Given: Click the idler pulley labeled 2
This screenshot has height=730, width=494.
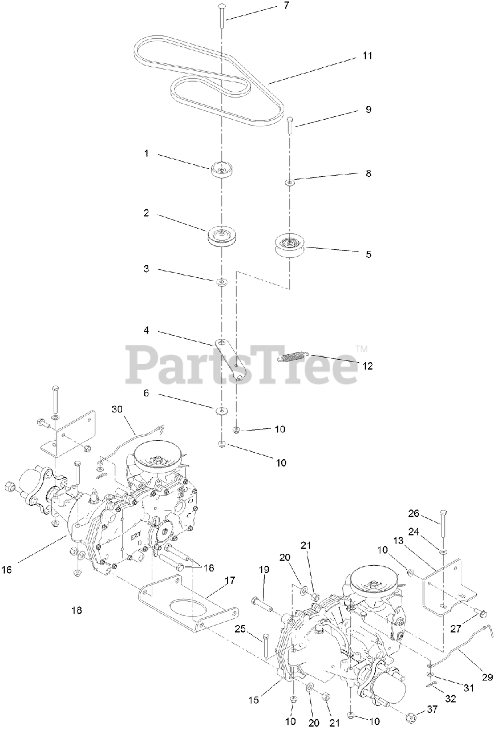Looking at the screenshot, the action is tap(221, 236).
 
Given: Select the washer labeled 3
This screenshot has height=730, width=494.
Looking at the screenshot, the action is tap(221, 282).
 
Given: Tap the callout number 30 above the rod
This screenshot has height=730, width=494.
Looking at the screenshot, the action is tap(118, 409).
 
